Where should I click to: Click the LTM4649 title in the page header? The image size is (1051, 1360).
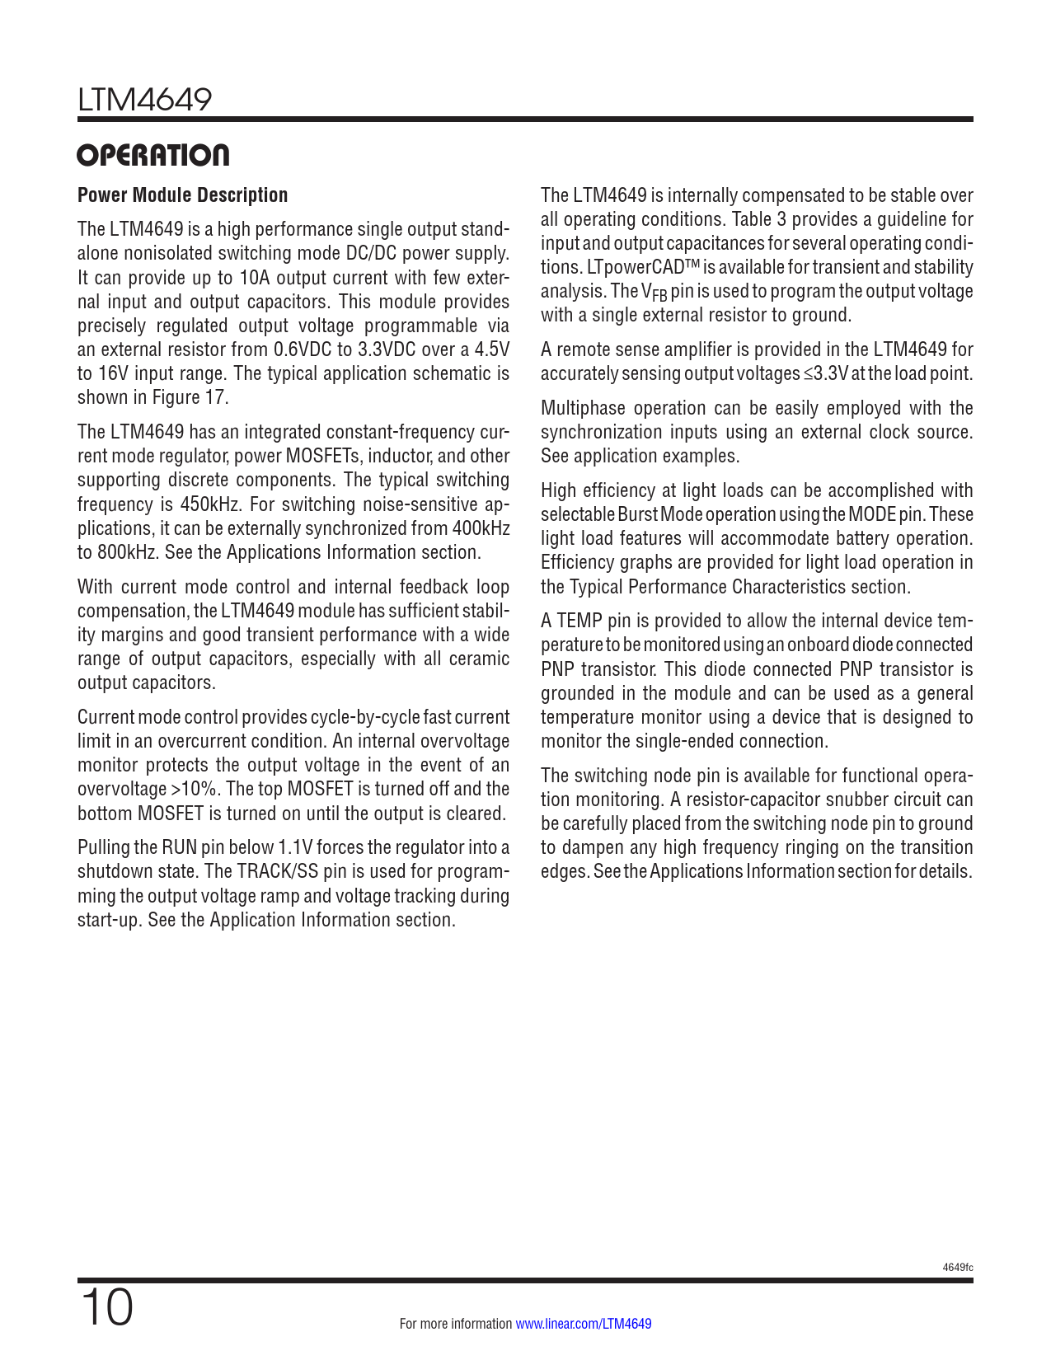(145, 100)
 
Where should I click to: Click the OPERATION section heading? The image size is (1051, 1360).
(153, 155)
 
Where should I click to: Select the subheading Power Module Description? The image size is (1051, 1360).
(182, 195)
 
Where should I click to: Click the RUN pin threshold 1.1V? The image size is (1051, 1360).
(295, 847)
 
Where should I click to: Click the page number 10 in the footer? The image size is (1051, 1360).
(106, 1308)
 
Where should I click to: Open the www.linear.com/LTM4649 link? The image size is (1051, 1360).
(584, 1325)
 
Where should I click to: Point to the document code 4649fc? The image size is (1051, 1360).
(958, 1268)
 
